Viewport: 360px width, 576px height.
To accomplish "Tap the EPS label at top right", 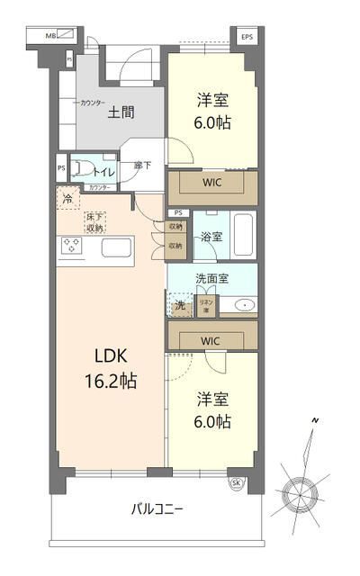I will pyautogui.click(x=247, y=36).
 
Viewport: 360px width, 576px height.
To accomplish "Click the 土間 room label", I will pyautogui.click(x=121, y=112).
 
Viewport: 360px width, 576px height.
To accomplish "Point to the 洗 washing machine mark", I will pyautogui.click(x=180, y=306).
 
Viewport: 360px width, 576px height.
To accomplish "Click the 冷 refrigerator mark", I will pyautogui.click(x=67, y=200).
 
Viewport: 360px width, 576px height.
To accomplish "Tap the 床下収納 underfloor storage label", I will pyautogui.click(x=94, y=222).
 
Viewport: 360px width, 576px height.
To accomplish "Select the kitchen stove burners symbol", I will pyautogui.click(x=72, y=245).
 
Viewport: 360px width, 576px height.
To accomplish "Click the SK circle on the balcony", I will pyautogui.click(x=237, y=482).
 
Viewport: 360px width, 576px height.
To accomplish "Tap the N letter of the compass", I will pyautogui.click(x=315, y=421).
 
